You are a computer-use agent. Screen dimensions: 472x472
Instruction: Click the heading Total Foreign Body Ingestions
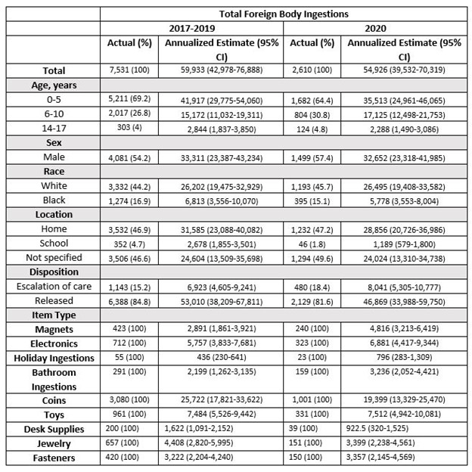(284, 14)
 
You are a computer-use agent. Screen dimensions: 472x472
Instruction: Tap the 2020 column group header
(376, 28)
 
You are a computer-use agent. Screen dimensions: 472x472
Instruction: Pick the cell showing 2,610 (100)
(312, 71)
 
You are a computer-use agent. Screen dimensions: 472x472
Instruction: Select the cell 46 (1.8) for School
(312, 244)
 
